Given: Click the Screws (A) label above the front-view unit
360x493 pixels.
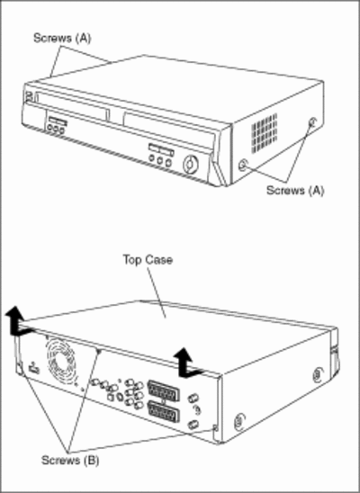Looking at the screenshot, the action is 62,38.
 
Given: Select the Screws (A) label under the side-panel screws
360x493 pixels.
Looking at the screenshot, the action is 295,190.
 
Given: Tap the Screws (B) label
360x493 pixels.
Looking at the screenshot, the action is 70,461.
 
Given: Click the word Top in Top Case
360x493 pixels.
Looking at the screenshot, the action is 133,260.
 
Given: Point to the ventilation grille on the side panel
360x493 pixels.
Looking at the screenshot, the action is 265,133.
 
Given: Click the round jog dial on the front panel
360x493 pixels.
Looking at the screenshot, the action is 191,165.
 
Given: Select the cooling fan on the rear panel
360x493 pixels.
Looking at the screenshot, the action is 61,358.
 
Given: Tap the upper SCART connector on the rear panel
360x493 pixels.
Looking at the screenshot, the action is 163,390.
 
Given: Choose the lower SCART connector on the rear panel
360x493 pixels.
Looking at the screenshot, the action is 164,411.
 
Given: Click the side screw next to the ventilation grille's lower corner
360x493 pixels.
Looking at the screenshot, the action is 243,165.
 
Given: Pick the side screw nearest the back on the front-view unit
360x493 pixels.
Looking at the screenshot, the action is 313,121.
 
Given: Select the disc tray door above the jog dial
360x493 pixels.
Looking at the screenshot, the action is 170,130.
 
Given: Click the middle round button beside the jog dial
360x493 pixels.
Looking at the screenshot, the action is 160,161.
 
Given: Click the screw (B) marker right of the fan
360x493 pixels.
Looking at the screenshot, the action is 99,352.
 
